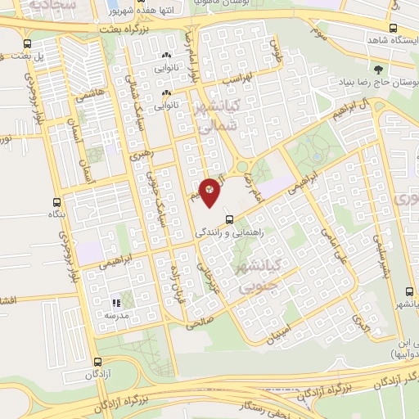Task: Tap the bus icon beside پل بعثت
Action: (x=29, y=44)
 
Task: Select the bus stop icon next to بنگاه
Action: (x=56, y=201)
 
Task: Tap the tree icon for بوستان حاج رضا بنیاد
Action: (x=377, y=69)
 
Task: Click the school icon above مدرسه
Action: (x=115, y=303)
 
